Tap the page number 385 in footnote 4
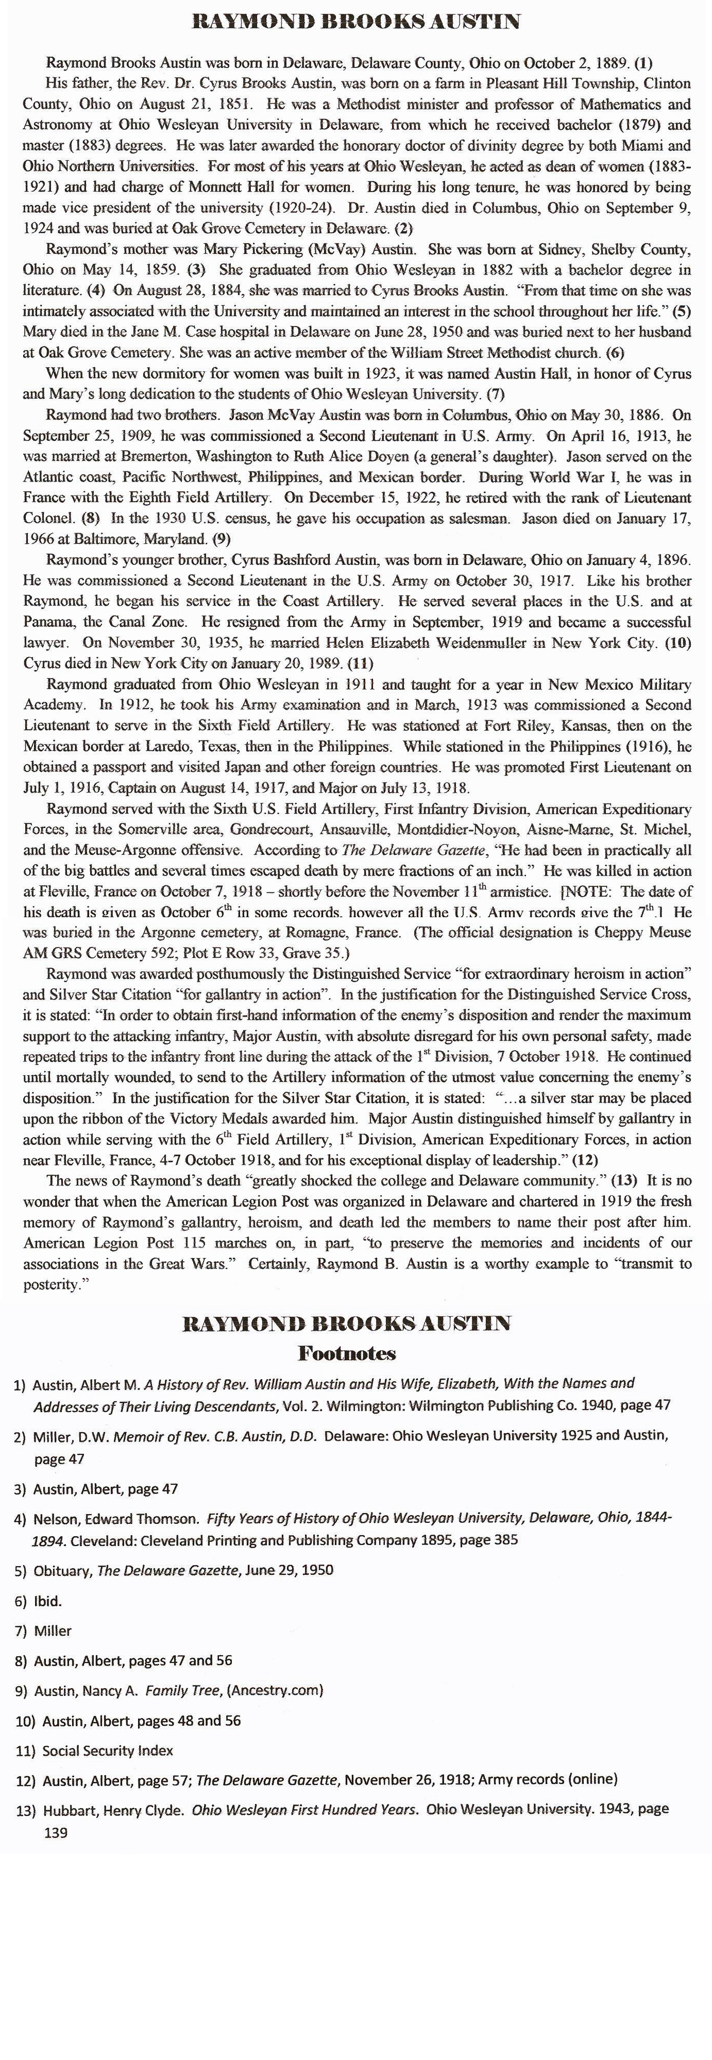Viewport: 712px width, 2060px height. click(501, 1539)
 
